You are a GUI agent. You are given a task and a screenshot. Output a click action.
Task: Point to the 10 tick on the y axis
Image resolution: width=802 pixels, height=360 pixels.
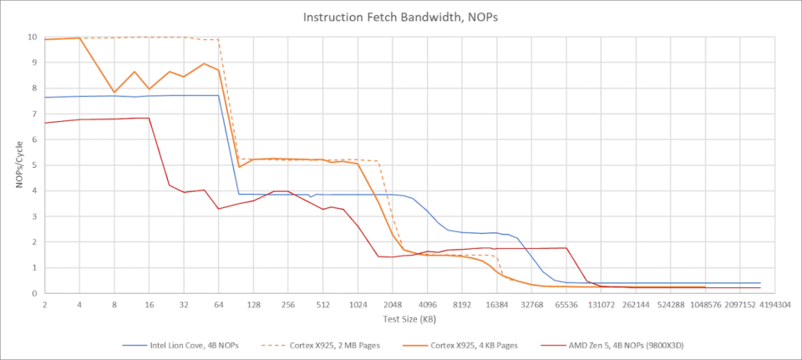32,38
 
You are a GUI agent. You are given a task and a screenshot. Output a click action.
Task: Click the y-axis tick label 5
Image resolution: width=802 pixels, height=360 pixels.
34,165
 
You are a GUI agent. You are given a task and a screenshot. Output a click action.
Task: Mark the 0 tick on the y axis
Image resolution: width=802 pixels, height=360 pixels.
34,294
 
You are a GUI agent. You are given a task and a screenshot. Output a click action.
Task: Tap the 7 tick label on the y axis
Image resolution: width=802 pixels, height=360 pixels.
34,114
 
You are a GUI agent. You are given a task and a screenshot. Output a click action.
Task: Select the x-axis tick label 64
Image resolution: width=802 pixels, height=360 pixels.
218,306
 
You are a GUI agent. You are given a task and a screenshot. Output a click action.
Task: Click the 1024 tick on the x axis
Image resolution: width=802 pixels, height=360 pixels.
358,306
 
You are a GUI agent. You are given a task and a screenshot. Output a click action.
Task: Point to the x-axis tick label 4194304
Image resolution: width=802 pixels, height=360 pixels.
775,306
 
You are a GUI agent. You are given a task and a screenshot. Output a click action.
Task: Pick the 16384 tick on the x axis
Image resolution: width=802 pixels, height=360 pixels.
496,306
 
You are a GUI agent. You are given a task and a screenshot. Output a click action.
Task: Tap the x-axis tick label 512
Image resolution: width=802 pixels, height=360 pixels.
322,306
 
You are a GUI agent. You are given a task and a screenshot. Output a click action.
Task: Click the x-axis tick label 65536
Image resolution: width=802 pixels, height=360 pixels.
566,306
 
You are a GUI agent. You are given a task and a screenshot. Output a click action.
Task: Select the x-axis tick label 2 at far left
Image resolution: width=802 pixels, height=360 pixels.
44,306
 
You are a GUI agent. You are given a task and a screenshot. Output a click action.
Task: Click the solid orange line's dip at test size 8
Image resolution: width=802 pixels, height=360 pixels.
114,93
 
